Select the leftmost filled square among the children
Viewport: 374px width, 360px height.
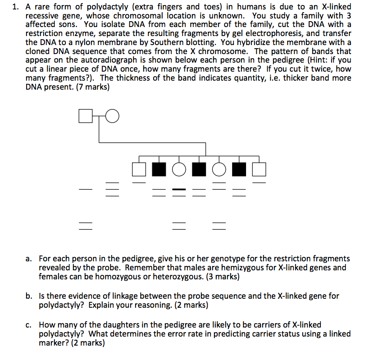(159, 169)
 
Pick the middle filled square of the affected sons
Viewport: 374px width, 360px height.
(199, 169)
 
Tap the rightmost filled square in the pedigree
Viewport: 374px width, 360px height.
(239, 169)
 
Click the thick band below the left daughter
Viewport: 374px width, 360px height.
(179, 189)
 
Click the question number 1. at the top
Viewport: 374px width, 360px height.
(16, 7)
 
